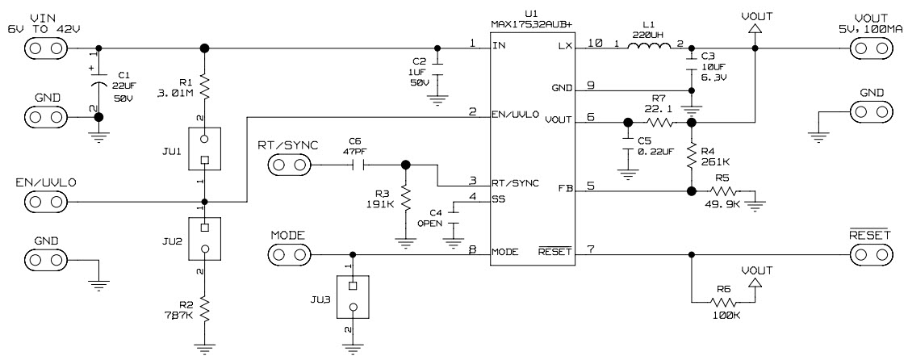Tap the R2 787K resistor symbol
[204, 309]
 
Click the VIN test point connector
[45, 48]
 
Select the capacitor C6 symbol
[360, 165]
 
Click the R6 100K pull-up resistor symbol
[725, 302]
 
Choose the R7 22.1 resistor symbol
[659, 123]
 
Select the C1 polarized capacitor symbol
[98, 84]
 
